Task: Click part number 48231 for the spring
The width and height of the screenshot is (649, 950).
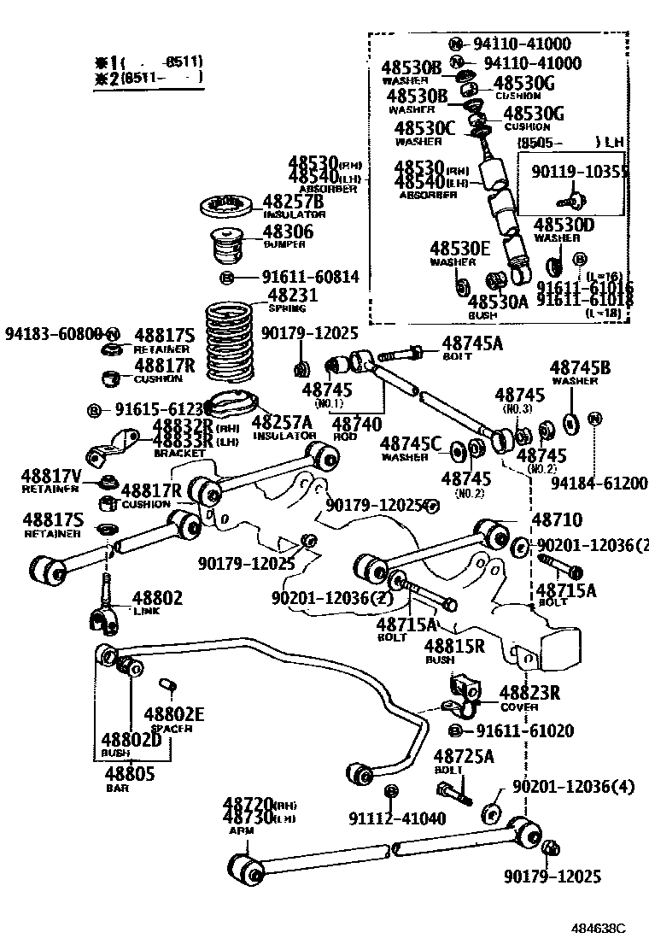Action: click(293, 296)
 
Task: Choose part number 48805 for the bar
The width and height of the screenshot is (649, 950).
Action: click(129, 774)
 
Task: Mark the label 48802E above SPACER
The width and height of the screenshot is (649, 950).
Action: click(174, 714)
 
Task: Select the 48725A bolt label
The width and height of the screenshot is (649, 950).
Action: click(464, 756)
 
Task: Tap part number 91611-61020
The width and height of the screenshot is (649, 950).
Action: click(524, 730)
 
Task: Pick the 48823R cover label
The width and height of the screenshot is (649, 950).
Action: click(529, 693)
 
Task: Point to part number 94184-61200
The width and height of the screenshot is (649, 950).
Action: click(599, 484)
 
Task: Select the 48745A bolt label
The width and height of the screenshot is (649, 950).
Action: click(472, 343)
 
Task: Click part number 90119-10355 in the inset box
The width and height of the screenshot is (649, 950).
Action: click(580, 173)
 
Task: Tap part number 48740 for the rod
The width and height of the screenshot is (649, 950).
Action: click(355, 423)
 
